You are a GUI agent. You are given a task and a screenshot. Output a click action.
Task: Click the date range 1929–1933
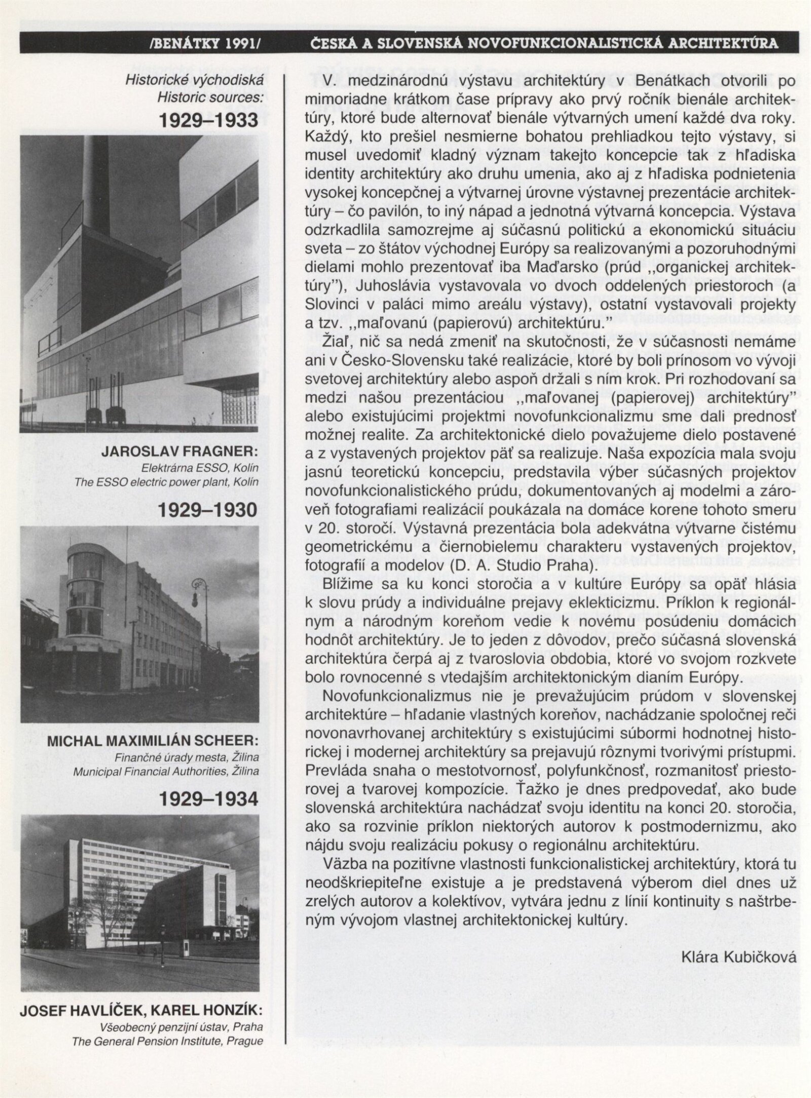[x=208, y=120]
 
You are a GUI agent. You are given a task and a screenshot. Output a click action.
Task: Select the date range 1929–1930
[x=208, y=510]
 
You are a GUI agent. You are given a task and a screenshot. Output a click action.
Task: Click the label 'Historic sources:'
[x=210, y=97]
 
